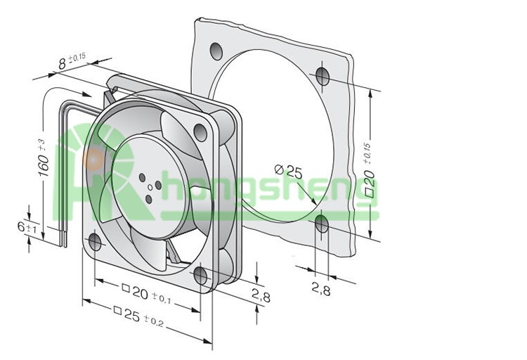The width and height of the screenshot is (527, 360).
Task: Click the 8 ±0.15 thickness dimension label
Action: click(72, 61)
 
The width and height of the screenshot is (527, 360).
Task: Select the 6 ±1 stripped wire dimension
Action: click(27, 228)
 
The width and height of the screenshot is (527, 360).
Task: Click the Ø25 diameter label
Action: click(288, 171)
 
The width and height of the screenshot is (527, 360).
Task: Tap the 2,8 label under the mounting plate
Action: click(321, 289)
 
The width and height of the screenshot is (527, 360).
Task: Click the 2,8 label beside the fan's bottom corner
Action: click(261, 296)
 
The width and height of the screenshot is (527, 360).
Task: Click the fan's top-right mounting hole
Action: click(201, 133)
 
